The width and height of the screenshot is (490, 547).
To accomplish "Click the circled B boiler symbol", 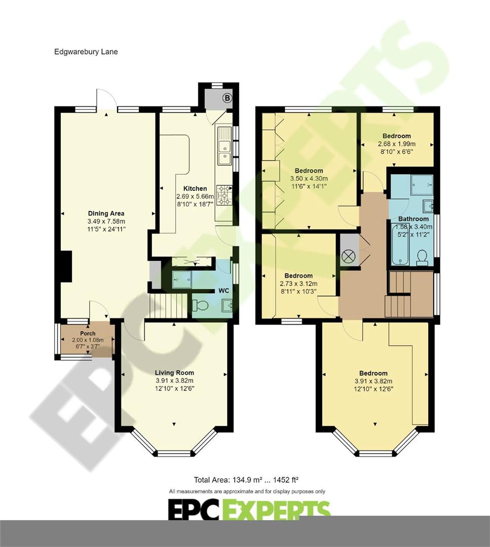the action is coord(227,98).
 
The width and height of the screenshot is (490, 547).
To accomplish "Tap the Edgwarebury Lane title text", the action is coord(86,52).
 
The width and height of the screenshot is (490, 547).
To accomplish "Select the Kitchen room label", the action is coord(195,188).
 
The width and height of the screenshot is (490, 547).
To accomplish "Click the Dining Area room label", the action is coord(106,214).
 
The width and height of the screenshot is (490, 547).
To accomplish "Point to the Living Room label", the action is coord(174,373).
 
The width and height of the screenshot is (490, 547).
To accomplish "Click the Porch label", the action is coord(88,333).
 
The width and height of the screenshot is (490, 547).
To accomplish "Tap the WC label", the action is coord(223,291).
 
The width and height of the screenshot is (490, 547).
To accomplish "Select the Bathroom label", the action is coord(413,219).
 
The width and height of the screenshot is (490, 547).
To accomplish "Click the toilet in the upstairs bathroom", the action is coord(422,258).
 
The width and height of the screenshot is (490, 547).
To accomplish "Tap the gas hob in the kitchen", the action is coord(224,196).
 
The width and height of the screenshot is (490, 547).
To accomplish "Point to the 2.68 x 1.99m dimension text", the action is coord(396,144).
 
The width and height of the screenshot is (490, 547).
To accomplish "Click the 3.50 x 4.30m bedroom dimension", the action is coord(309,178).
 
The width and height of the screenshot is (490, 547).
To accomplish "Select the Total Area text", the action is coord(246,480).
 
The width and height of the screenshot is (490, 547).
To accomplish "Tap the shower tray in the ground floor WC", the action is coord(182,280).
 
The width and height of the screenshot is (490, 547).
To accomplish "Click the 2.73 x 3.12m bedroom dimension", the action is coord(298,284).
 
